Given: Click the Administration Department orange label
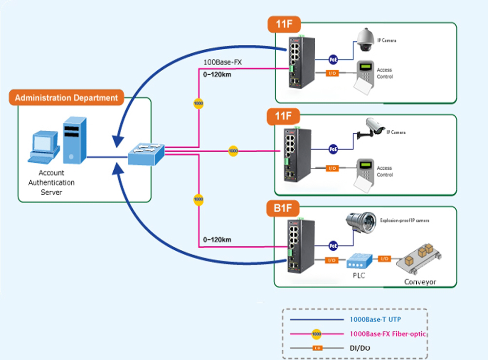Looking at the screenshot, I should [66, 98].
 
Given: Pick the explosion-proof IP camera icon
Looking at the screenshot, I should [361, 221].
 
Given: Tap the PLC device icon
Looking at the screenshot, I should [359, 261].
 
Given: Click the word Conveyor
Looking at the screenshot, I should [420, 282].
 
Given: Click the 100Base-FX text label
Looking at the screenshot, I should [223, 62].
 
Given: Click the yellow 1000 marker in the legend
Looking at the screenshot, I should [316, 334].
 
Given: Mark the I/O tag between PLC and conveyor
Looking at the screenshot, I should [385, 259].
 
